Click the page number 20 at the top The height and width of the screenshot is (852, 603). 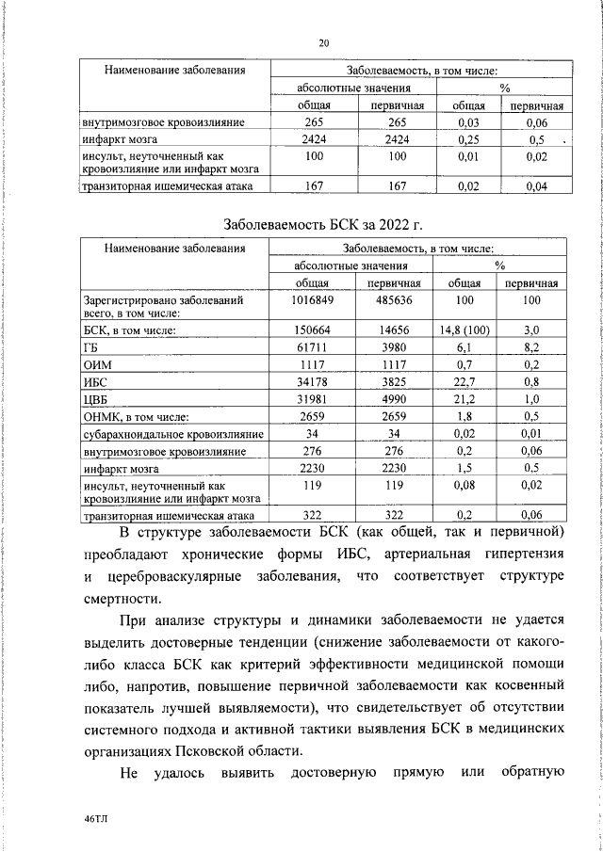[323, 42]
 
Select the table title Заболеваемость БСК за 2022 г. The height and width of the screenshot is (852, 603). [323, 226]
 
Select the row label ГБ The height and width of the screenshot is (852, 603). [90, 348]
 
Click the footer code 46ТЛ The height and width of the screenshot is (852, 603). [96, 819]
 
